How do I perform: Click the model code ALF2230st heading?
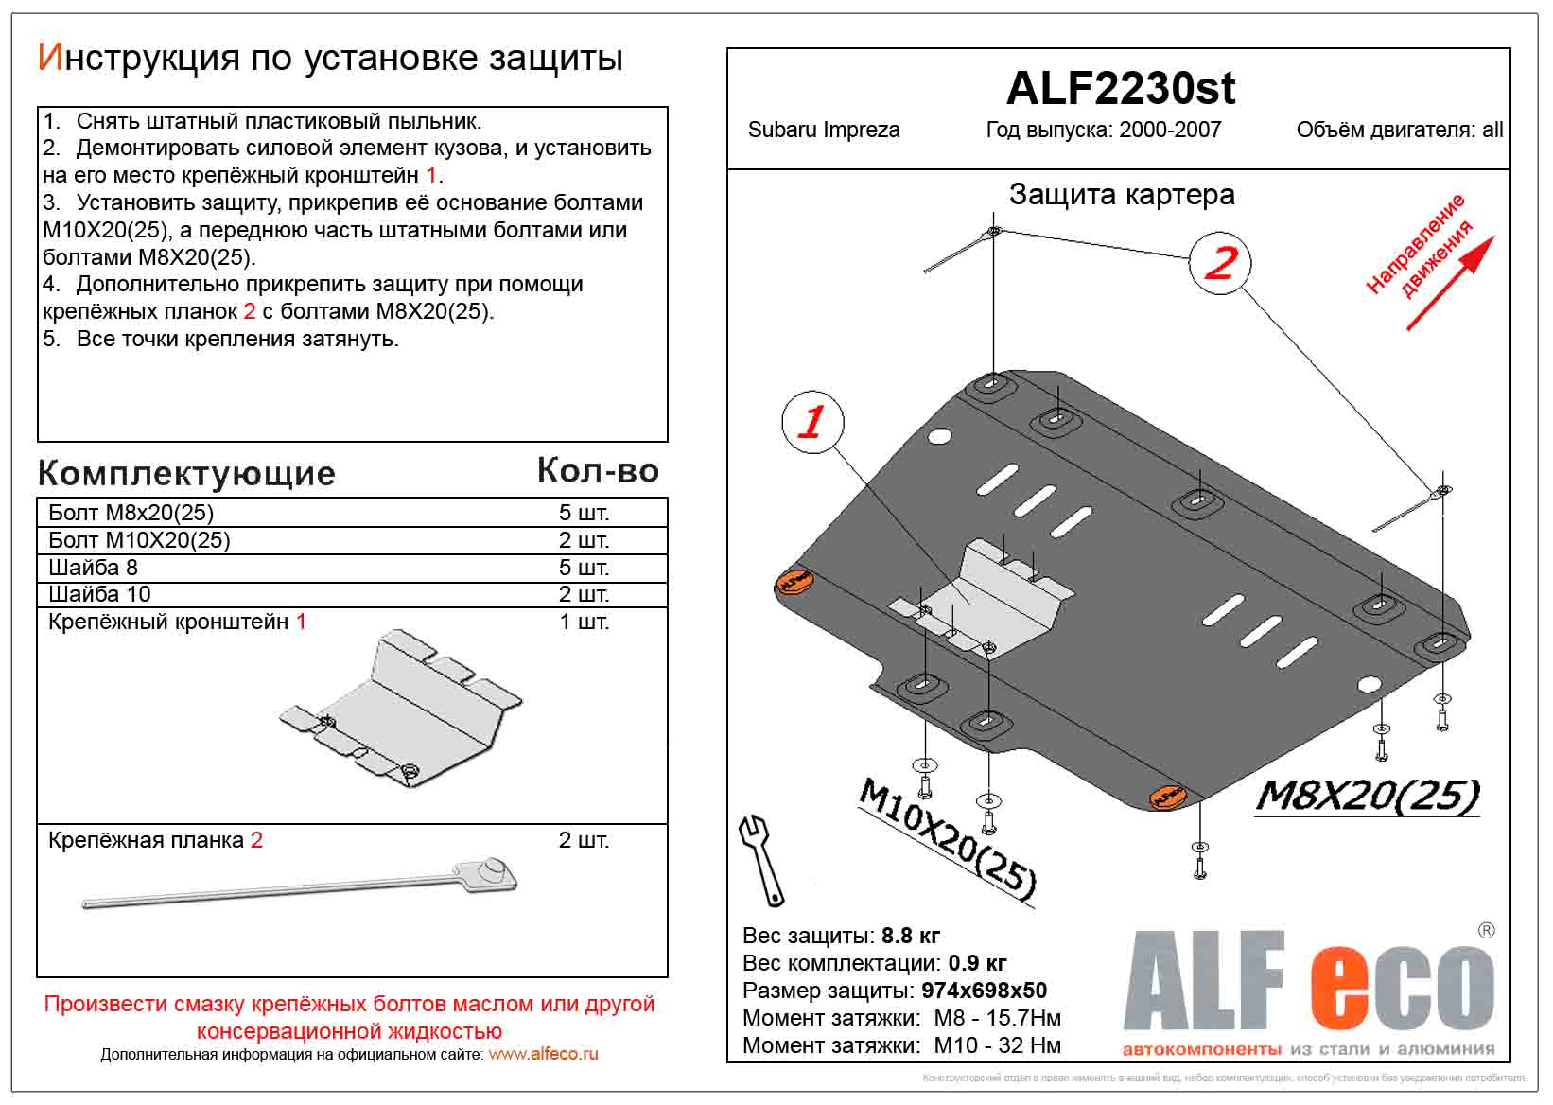click(1120, 89)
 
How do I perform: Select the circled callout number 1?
click(812, 422)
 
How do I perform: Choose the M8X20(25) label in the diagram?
click(1367, 798)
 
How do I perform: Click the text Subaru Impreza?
click(823, 131)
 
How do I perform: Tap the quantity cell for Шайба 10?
click(584, 594)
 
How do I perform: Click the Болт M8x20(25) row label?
click(131, 513)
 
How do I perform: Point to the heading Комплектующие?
click(186, 473)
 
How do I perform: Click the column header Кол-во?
click(597, 470)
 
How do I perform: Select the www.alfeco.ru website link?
click(543, 1054)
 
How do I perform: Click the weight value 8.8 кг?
click(910, 936)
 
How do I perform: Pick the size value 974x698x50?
click(984, 991)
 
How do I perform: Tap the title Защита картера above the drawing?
click(1121, 195)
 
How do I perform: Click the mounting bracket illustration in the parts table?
click(402, 709)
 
